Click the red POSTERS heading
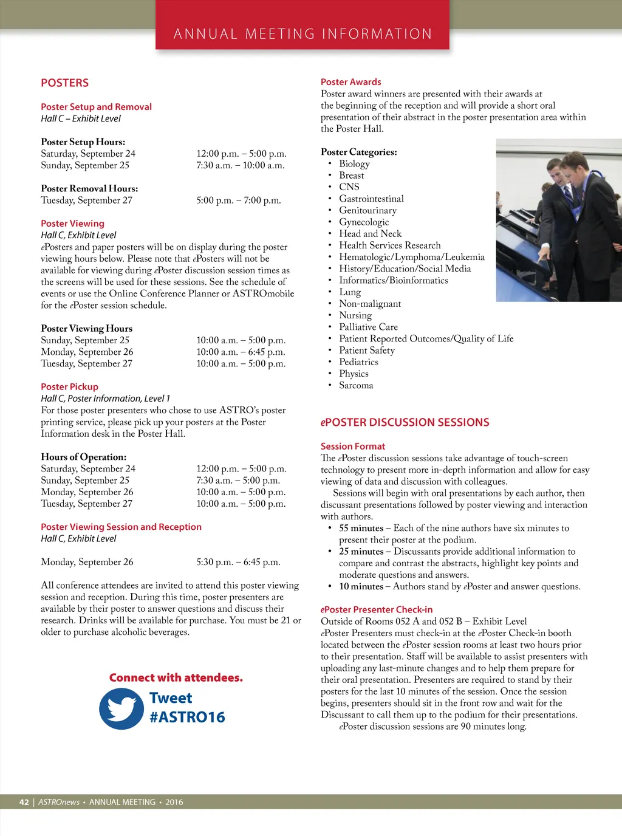coord(64,83)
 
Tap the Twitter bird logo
coord(121,708)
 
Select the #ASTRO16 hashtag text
coord(187,718)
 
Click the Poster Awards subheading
coord(350,82)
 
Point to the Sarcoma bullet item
coord(356,385)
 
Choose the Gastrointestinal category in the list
coord(371,199)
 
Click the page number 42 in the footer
coord(24,802)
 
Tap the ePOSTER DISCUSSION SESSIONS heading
coord(405,422)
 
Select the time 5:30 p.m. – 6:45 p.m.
coord(238,562)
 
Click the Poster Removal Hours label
coord(89,188)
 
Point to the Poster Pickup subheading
coord(69,386)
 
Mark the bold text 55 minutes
coord(361,528)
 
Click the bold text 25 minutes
coord(361,552)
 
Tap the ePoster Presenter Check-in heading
coord(377,609)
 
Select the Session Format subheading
coord(353,446)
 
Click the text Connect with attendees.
coord(176,677)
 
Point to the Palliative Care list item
coord(368,327)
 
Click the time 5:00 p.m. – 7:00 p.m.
coord(238,200)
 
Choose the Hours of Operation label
coord(84,457)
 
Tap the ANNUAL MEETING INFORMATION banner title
coord(302,34)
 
